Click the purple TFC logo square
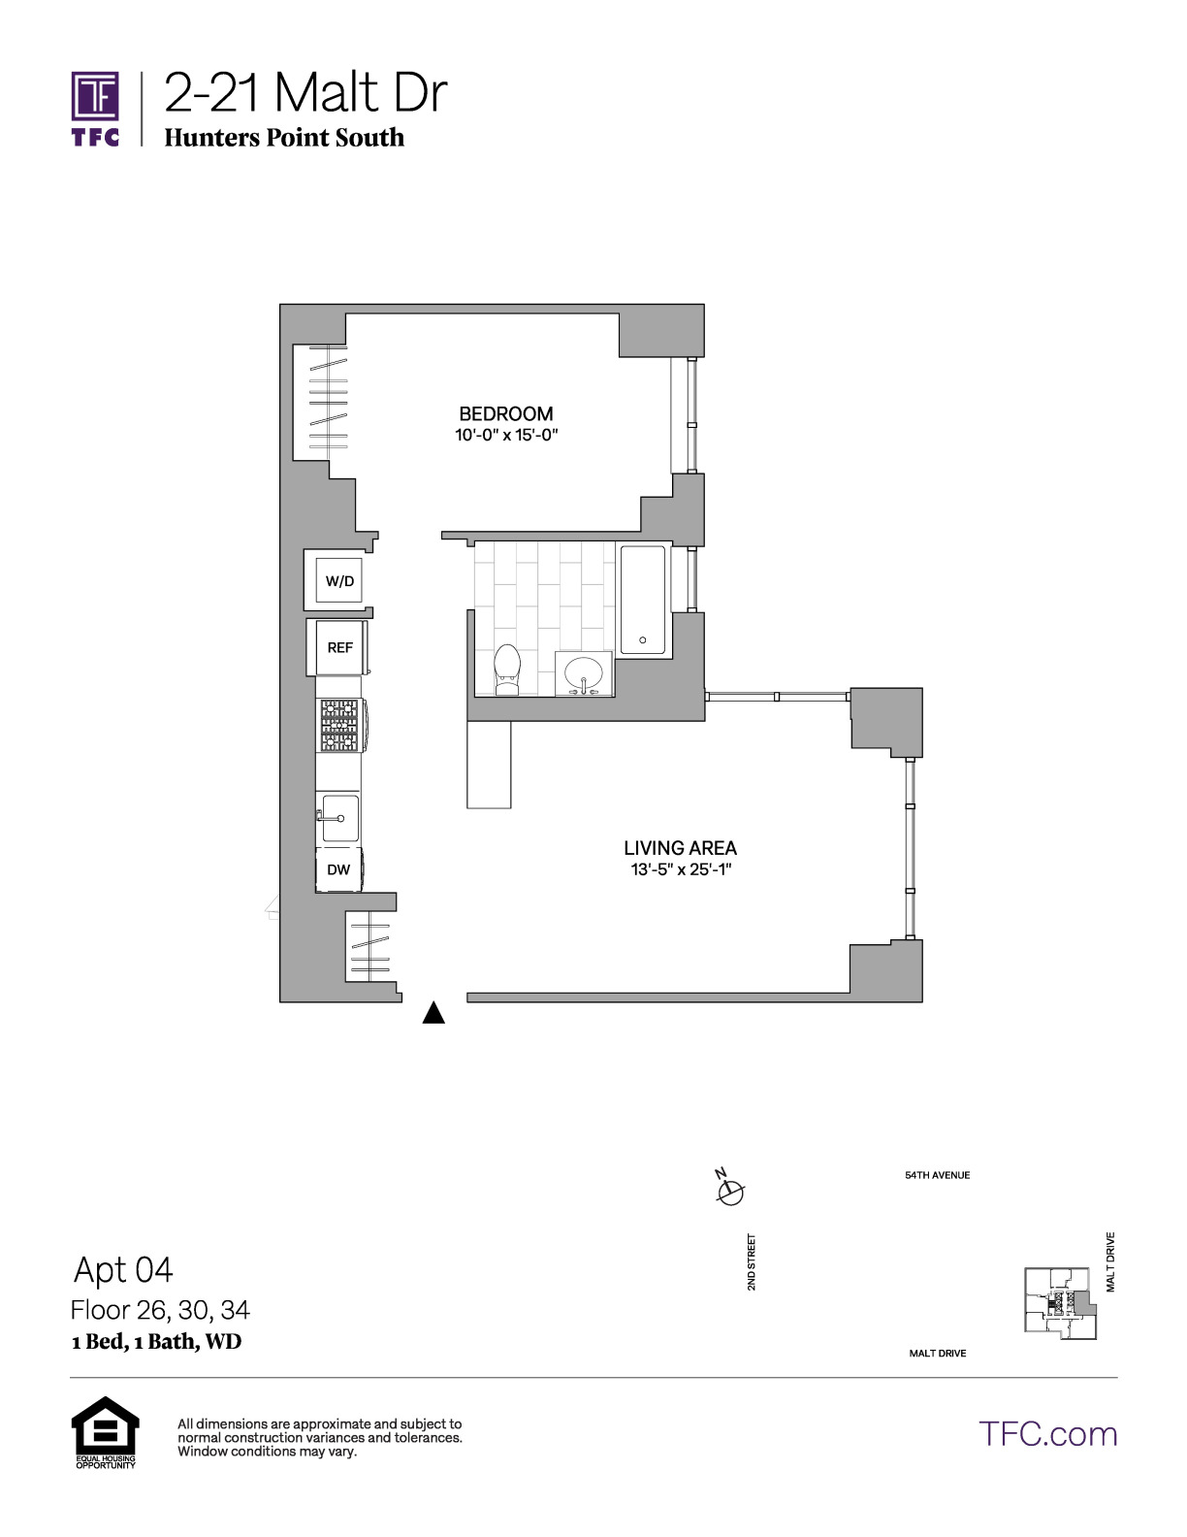click(x=95, y=95)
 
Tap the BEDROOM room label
click(x=506, y=413)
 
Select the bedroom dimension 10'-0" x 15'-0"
click(x=506, y=435)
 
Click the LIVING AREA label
click(x=680, y=847)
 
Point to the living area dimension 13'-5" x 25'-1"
click(x=680, y=869)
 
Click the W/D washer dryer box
click(x=338, y=580)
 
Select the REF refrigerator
click(x=338, y=647)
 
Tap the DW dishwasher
click(x=339, y=869)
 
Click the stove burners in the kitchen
click(x=341, y=726)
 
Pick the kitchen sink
click(x=340, y=818)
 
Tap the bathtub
click(x=643, y=600)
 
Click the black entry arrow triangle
click(x=433, y=1013)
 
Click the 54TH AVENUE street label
click(x=938, y=1176)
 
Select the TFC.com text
click(x=1047, y=1434)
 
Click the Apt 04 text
click(x=123, y=1269)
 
